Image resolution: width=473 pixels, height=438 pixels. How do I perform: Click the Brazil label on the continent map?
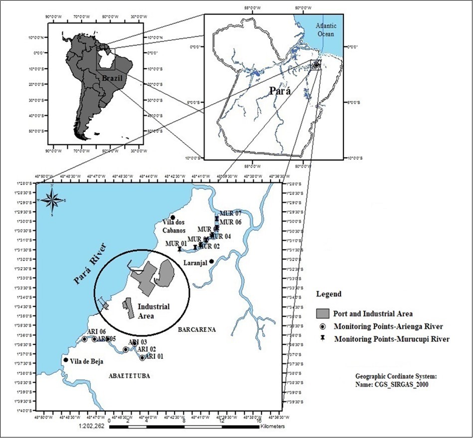[112, 78]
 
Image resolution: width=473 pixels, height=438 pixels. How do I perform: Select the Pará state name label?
[280, 91]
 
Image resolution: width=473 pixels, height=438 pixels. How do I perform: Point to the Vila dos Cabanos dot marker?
[172, 217]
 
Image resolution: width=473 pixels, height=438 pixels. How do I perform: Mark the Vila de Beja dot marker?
[66, 360]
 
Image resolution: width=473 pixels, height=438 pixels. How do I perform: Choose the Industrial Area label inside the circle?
[154, 311]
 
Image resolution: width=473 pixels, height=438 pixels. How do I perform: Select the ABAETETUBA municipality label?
[129, 376]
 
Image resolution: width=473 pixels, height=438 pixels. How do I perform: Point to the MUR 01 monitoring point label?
[175, 244]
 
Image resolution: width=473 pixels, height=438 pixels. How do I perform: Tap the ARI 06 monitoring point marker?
[84, 339]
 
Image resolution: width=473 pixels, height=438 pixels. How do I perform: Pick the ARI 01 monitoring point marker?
[142, 358]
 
